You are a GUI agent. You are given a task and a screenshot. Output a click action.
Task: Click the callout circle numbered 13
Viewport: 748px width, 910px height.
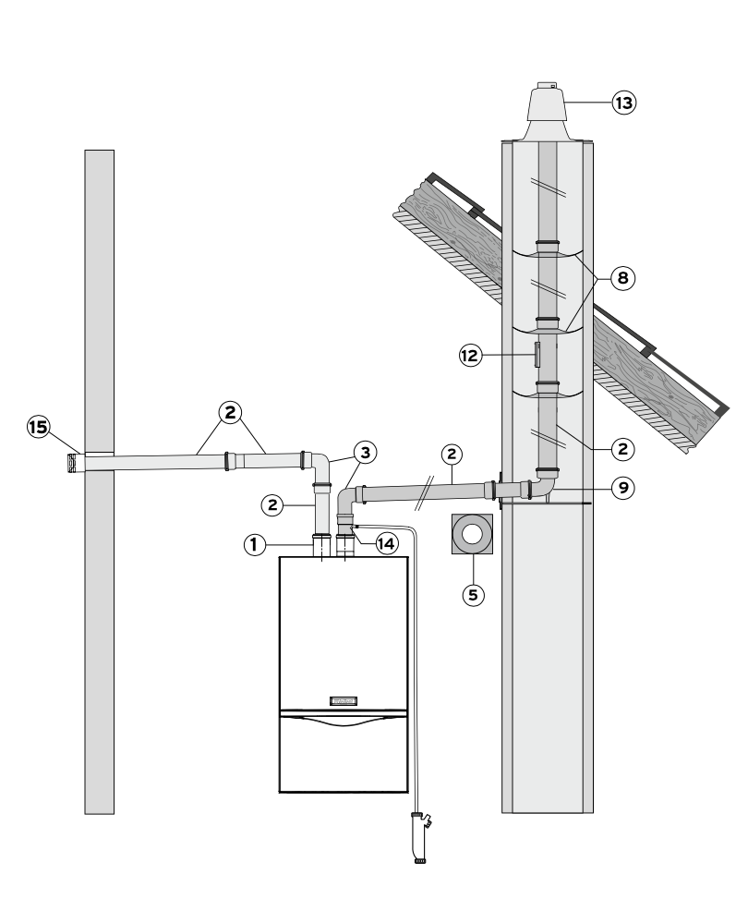click(x=624, y=103)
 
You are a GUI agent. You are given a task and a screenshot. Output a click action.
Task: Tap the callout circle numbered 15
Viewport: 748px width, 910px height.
click(x=38, y=428)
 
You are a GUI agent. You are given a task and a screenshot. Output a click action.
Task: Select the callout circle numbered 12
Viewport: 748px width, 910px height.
click(x=471, y=355)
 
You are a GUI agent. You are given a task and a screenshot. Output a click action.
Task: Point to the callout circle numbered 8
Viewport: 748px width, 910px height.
click(x=622, y=278)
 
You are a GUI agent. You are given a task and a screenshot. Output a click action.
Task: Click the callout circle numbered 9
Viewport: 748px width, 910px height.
click(x=623, y=488)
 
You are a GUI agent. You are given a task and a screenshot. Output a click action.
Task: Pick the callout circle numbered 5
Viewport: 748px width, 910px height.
click(x=473, y=595)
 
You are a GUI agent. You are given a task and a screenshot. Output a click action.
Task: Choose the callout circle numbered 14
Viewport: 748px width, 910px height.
click(x=387, y=544)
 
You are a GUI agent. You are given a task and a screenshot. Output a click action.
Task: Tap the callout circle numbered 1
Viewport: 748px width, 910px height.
click(x=254, y=544)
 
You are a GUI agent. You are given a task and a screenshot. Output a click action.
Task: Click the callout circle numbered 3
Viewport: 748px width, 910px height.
click(x=365, y=452)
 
